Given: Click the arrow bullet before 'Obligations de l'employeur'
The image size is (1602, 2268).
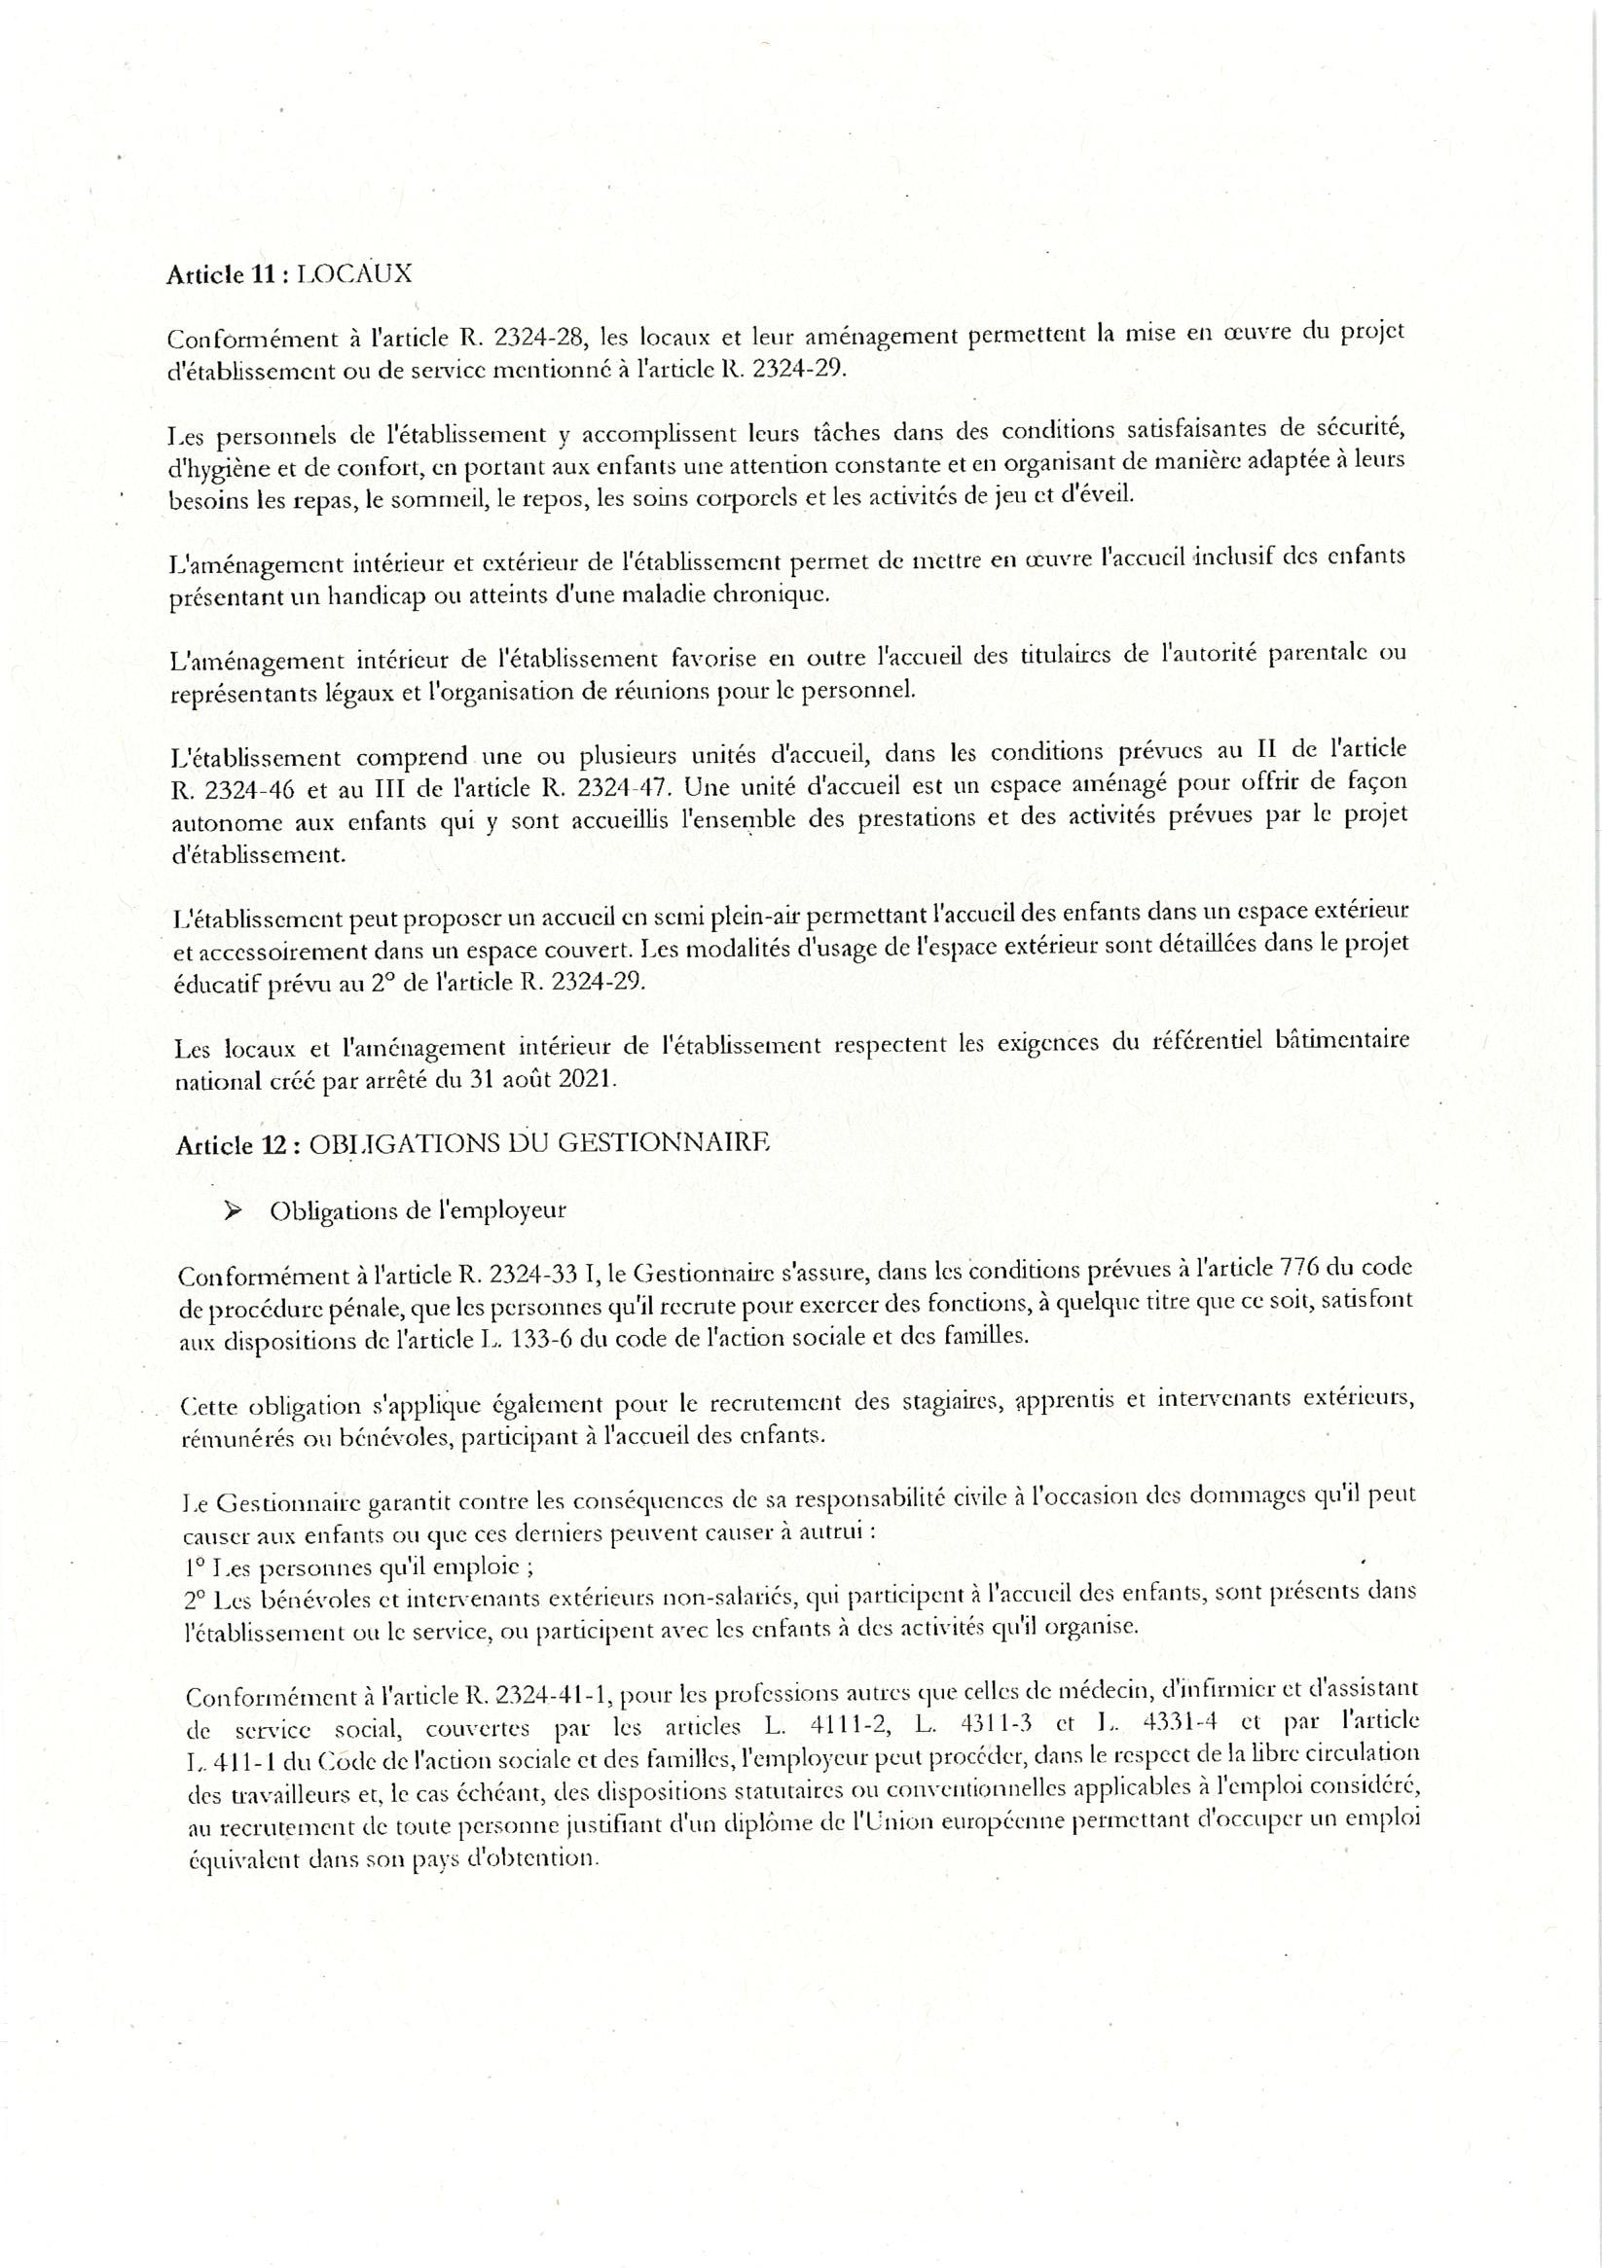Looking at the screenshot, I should [236, 1210].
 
